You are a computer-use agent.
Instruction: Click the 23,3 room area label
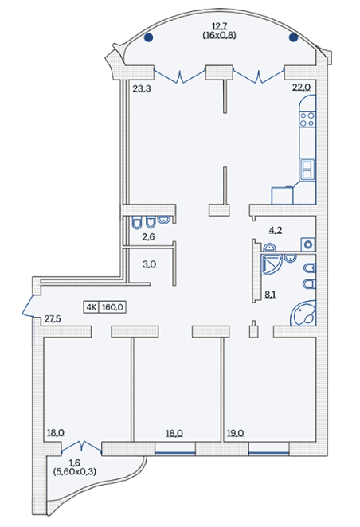tap(142, 89)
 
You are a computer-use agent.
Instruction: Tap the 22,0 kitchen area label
tap(301, 88)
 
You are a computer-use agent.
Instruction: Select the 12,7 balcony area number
tap(219, 26)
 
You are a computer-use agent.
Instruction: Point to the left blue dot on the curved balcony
tap(148, 37)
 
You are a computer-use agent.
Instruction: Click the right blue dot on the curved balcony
tap(293, 37)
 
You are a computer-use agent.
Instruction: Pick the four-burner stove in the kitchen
tap(307, 119)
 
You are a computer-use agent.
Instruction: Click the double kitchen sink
tap(308, 169)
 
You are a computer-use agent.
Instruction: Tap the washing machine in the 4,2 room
tap(308, 244)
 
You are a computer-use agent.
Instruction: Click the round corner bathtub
tap(303, 314)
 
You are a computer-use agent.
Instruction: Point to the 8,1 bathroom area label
tap(270, 295)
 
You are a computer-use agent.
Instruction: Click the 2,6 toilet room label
tap(148, 237)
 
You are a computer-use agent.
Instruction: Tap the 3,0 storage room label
tap(149, 264)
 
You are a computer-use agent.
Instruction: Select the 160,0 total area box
tap(112, 307)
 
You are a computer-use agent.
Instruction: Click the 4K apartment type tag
tap(91, 307)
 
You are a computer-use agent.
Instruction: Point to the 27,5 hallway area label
tap(53, 319)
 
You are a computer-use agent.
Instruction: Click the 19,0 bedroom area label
tap(235, 434)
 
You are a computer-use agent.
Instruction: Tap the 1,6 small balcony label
tap(75, 464)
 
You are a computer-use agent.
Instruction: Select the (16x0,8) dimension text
tap(219, 35)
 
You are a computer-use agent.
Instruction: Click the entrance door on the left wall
tap(28, 306)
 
